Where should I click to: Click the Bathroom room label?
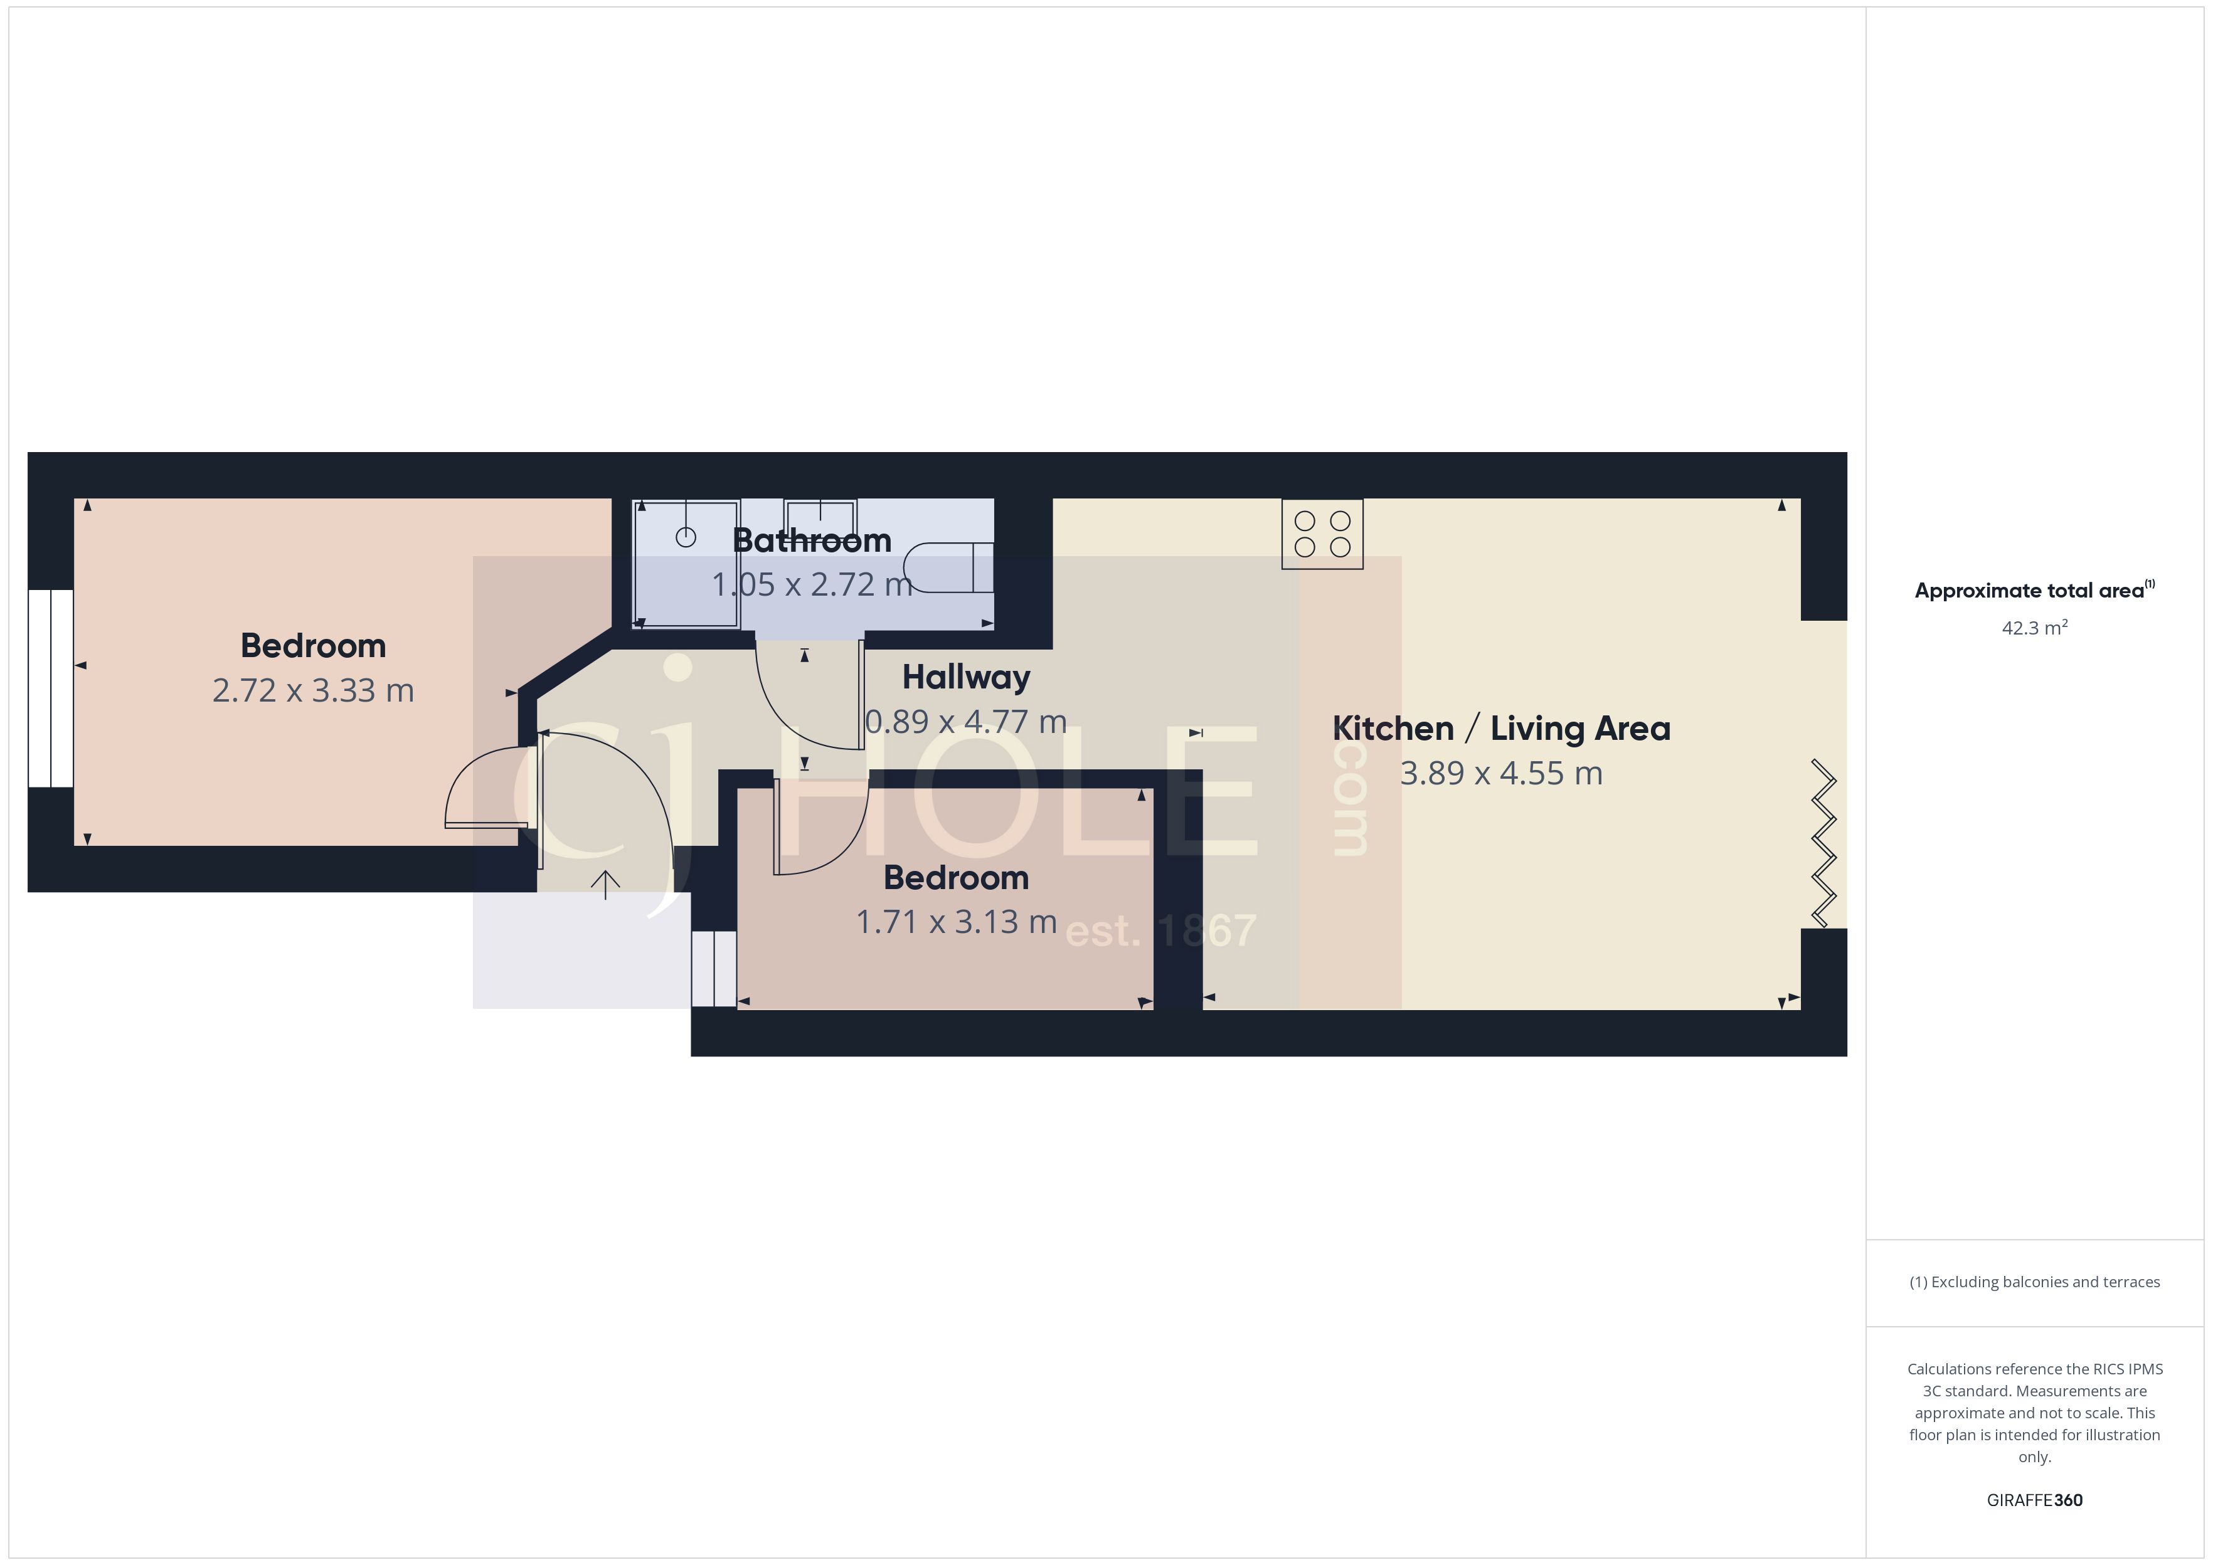click(812, 540)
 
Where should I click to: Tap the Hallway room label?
click(966, 677)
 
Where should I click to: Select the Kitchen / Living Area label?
click(1500, 729)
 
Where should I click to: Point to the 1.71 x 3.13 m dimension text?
click(956, 922)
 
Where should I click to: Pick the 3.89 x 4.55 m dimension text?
click(1500, 774)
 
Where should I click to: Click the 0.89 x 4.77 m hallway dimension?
click(966, 722)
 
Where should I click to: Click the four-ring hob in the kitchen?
click(1322, 534)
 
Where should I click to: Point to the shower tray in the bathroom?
click(686, 564)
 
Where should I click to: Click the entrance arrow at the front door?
click(605, 883)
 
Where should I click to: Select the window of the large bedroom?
click(50, 688)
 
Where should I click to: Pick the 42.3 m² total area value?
click(2034, 628)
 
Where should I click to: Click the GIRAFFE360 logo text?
click(2034, 1500)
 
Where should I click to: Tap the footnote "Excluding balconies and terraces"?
click(2034, 1282)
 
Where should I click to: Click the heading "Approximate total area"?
click(2029, 591)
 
